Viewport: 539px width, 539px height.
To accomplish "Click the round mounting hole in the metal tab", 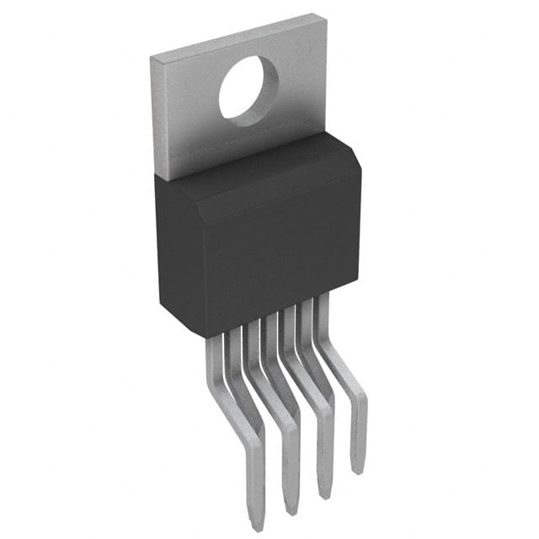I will click(x=248, y=87).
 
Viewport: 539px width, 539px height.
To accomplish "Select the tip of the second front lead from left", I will click(x=291, y=510).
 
